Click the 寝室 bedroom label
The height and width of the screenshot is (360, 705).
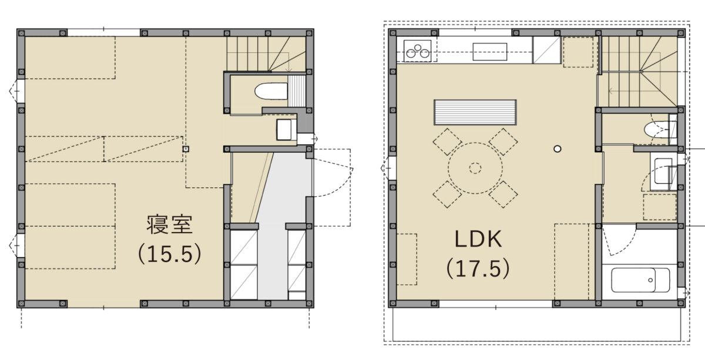tap(169, 225)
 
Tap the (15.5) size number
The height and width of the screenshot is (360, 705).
tap(169, 253)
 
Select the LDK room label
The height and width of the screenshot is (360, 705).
tap(478, 240)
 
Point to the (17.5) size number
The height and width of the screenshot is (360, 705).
tap(478, 268)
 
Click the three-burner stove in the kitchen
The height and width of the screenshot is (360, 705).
tap(417, 51)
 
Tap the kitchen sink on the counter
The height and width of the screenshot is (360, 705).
tap(490, 52)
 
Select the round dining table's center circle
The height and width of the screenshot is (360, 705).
tap(475, 168)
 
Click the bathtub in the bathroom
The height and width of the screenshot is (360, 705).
tap(640, 280)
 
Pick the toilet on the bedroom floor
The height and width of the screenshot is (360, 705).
tap(271, 91)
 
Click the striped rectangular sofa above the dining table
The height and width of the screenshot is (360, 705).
tap(475, 112)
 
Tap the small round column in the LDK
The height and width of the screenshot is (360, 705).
tap(558, 149)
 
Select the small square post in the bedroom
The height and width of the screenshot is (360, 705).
tap(186, 149)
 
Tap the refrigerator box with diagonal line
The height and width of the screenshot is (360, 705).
tap(547, 50)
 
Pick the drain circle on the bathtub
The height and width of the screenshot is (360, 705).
tap(650, 280)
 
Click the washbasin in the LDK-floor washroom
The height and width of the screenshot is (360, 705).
tap(663, 171)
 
